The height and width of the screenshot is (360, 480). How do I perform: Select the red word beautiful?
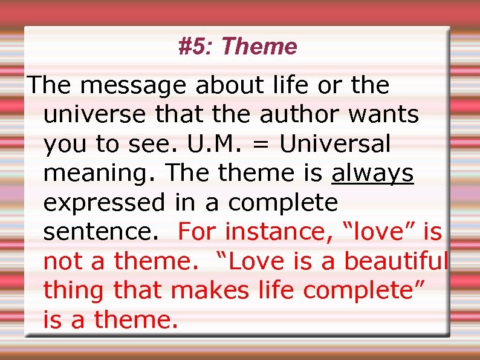(x=395, y=261)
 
